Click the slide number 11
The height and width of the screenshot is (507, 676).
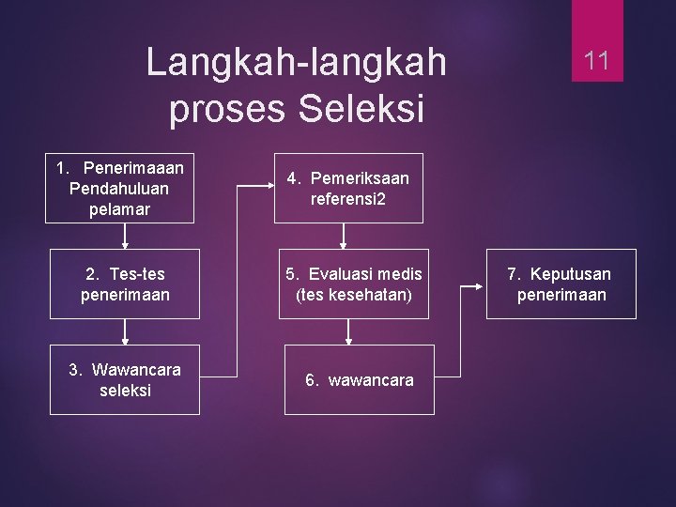click(597, 62)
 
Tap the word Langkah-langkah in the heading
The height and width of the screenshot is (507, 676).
click(297, 63)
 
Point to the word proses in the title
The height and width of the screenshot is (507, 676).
click(228, 109)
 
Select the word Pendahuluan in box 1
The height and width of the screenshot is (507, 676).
click(119, 189)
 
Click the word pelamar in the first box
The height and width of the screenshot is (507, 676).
click(119, 208)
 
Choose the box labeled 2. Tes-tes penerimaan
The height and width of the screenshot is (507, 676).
click(125, 284)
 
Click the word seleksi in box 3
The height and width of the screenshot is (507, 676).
click(125, 390)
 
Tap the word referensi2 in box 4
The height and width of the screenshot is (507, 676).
click(348, 199)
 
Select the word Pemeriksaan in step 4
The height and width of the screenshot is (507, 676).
click(360, 177)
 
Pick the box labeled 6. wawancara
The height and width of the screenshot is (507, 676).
click(359, 379)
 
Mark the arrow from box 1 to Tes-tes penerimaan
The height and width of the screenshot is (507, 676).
click(125, 236)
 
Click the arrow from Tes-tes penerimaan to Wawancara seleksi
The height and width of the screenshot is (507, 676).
click(125, 332)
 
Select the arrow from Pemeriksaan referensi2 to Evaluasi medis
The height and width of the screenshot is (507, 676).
click(349, 236)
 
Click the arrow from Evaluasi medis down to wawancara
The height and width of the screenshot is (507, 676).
click(349, 332)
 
